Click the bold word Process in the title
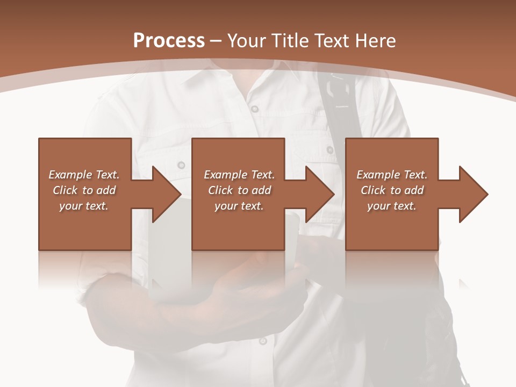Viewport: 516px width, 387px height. pos(169,41)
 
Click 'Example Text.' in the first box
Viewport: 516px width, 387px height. pos(84,175)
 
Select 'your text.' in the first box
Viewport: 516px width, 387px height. pos(84,206)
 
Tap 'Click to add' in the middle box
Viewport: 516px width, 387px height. pos(239,190)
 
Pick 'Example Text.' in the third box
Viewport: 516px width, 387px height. pos(392,175)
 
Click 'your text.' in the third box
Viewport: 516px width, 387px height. pos(392,206)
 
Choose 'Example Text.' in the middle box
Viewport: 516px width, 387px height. pos(239,175)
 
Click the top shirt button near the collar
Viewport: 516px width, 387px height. pos(254,109)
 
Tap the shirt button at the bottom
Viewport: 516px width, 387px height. pos(262,340)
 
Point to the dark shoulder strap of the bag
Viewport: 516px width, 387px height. pos(339,107)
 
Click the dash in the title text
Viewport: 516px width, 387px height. pos(216,41)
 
